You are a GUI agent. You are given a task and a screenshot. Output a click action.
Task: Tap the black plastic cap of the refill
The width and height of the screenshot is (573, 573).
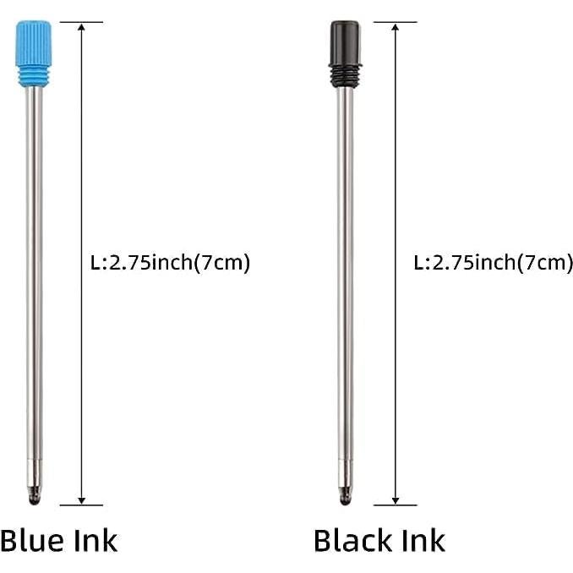click(345, 41)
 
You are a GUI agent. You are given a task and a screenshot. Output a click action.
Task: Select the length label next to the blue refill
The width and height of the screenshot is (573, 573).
click(170, 263)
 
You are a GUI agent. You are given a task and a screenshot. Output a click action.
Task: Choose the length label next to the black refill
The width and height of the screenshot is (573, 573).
click(493, 263)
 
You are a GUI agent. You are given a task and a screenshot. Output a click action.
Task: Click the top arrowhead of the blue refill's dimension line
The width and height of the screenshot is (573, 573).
click(81, 28)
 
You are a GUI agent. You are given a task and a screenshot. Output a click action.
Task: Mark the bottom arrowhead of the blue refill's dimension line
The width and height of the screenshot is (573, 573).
click(81, 499)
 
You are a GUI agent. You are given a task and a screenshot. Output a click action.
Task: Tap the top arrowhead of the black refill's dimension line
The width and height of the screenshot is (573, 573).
click(394, 28)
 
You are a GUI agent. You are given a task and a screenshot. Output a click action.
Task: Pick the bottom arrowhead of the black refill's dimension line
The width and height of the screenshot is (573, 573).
click(394, 499)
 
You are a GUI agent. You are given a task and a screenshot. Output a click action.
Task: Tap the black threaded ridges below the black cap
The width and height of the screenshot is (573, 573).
click(346, 74)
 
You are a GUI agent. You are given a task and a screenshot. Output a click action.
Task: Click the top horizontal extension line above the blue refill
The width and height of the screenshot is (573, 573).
click(85, 22)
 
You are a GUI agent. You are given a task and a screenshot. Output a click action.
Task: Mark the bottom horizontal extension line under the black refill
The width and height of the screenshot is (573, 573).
click(394, 505)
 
